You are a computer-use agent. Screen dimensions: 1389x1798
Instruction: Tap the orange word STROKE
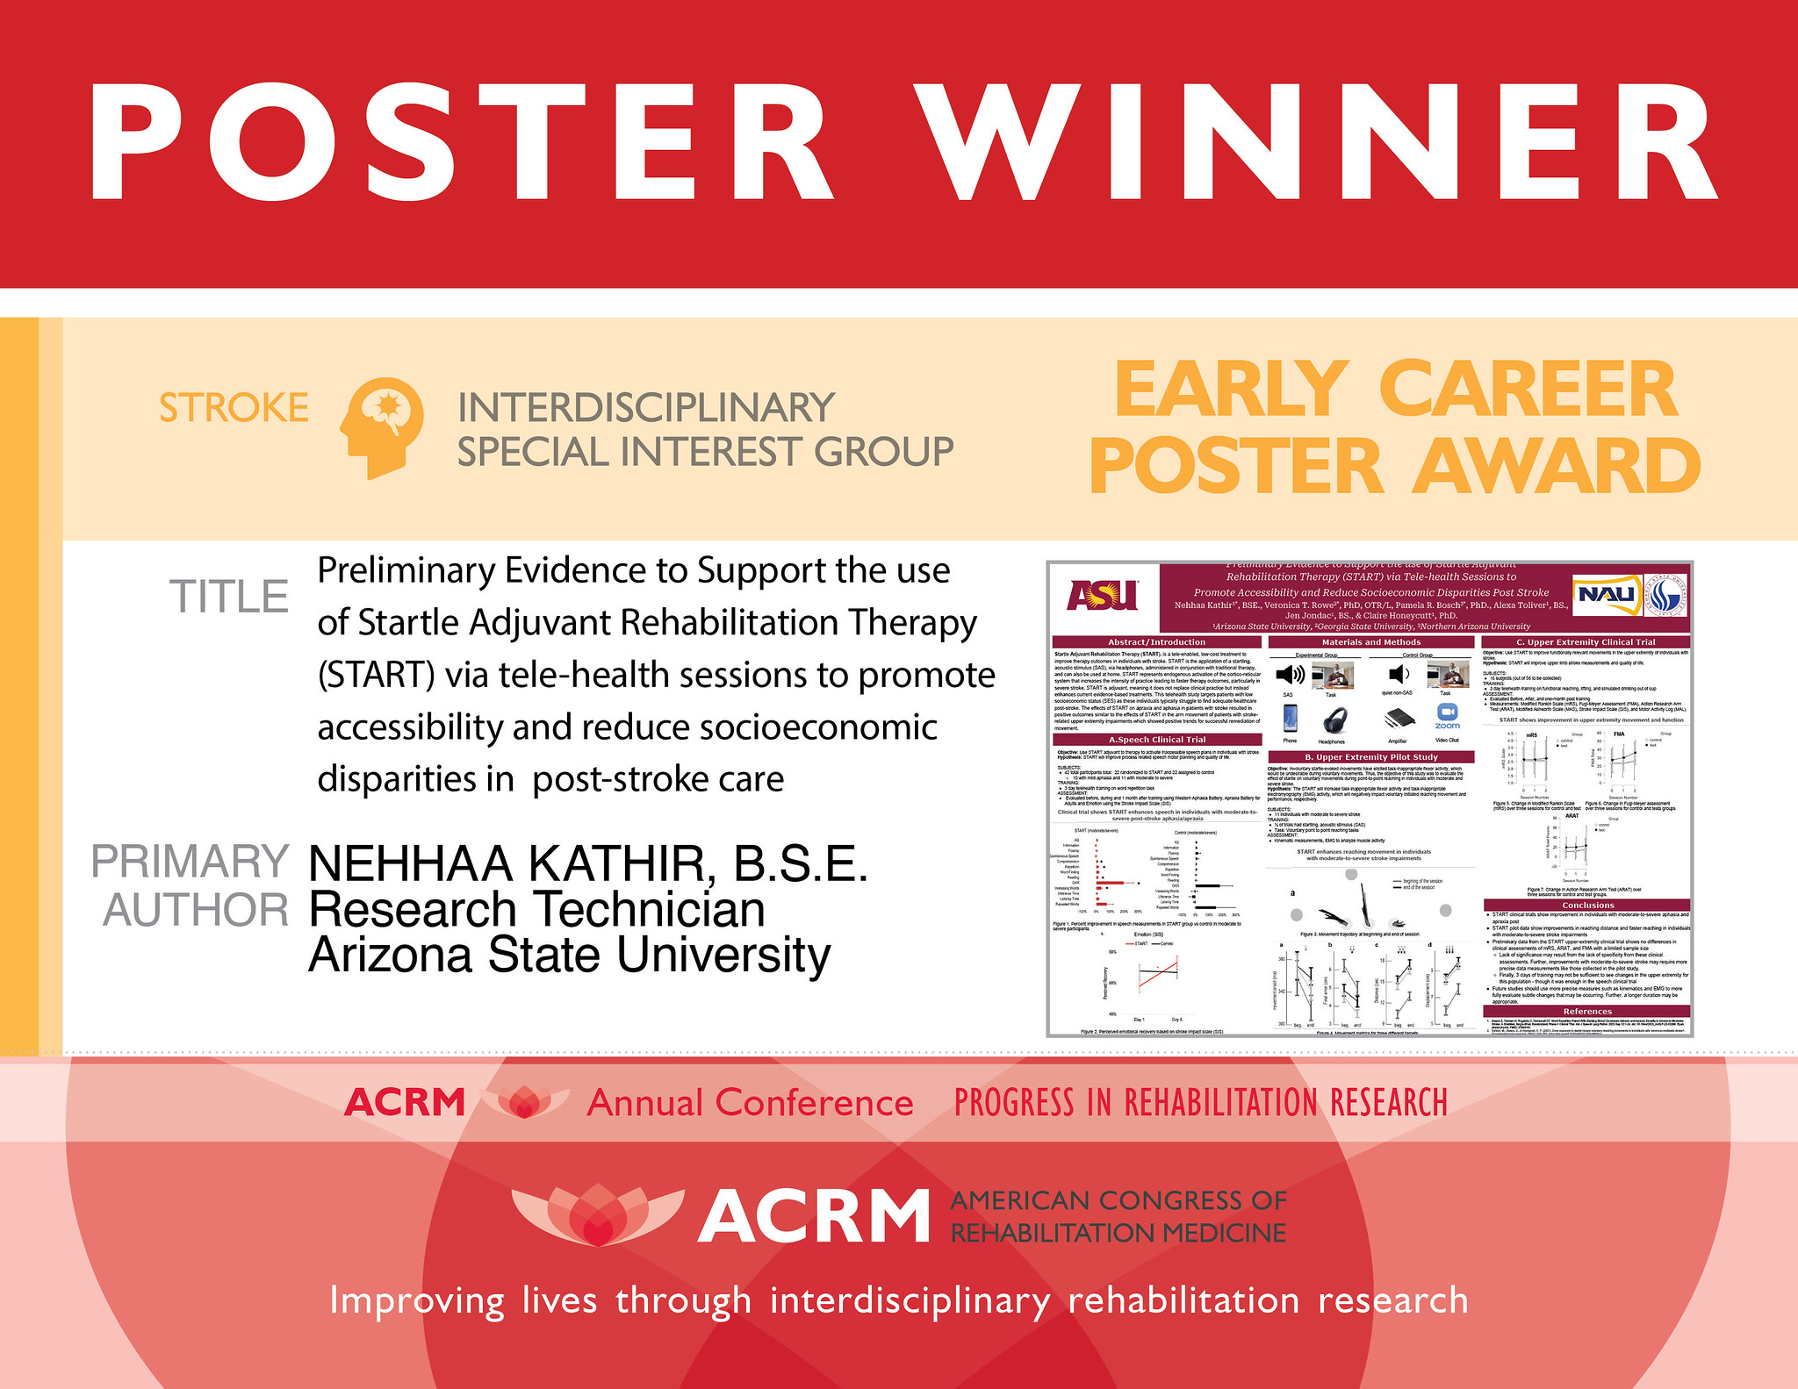click(x=234, y=409)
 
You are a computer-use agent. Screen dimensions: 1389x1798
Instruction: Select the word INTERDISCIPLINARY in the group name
click(x=645, y=408)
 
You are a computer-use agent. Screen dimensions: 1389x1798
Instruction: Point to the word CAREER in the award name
click(x=1528, y=391)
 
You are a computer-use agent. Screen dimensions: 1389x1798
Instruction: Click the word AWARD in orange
click(x=1557, y=467)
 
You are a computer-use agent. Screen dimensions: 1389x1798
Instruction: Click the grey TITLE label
click(x=229, y=597)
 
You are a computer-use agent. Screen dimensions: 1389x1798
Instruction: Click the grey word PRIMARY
click(x=190, y=862)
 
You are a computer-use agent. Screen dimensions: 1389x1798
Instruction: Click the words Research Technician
click(x=536, y=909)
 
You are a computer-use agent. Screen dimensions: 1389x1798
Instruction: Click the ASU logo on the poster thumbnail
click(x=1102, y=596)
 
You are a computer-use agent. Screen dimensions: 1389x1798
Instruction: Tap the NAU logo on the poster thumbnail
click(x=1605, y=595)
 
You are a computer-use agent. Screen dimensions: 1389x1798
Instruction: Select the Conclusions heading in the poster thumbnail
click(x=1587, y=905)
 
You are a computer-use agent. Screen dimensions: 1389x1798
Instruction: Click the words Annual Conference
click(x=750, y=1103)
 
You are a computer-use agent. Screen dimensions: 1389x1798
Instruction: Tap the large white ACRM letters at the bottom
click(x=814, y=1217)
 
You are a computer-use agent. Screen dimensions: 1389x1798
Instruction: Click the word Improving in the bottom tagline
click(x=416, y=1300)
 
